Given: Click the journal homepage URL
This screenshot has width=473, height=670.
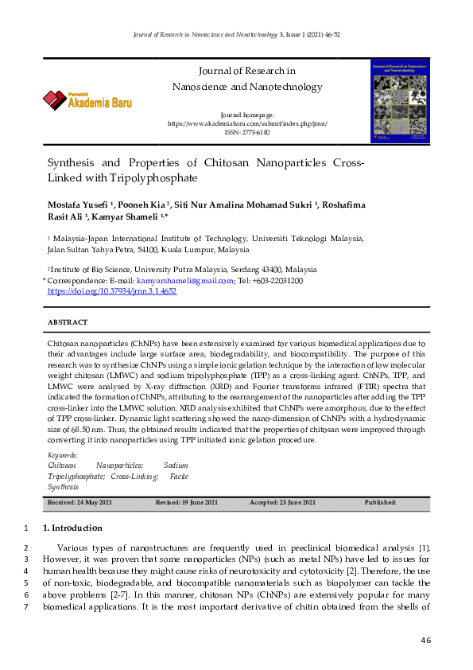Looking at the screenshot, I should [x=247, y=124].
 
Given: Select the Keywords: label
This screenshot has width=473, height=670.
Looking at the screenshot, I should [x=63, y=455].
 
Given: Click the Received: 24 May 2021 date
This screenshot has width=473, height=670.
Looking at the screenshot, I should [x=79, y=503].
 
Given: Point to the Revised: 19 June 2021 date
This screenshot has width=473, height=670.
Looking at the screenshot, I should [x=186, y=503].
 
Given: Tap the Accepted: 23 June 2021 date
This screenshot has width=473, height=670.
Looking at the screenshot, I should [x=282, y=503].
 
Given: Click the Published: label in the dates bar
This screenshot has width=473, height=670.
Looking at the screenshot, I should [x=380, y=503].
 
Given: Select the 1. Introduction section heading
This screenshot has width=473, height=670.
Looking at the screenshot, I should [x=72, y=528].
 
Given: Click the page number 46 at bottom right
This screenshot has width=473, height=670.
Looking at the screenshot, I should [x=425, y=641].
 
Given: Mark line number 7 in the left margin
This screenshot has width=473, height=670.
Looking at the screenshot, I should [x=26, y=607].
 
